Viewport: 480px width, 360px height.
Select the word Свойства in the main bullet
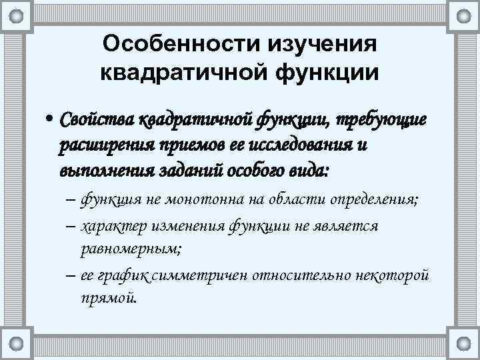pyautogui.click(x=97, y=119)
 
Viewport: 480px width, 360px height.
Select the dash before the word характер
pyautogui.click(x=71, y=227)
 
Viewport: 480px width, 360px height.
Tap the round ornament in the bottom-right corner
pyautogui.click(x=463, y=344)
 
